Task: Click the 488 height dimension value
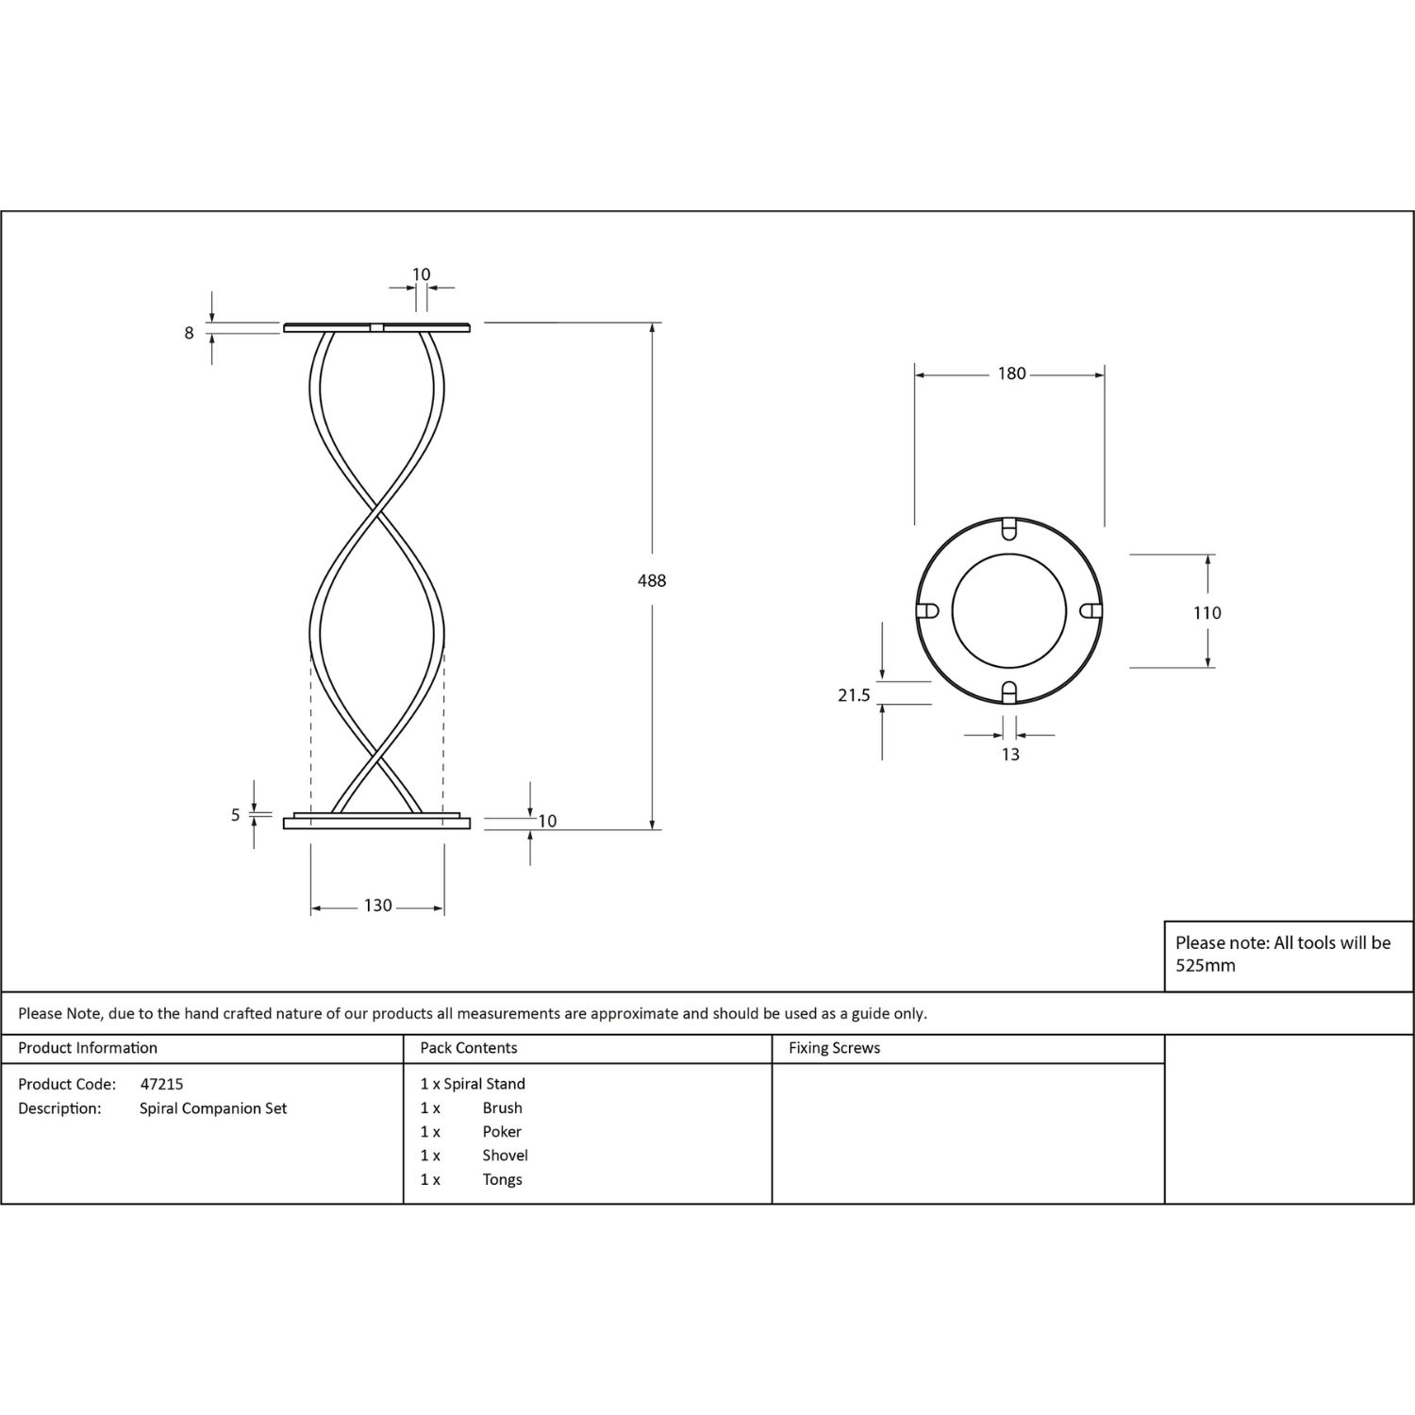coord(652,581)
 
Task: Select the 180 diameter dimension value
coord(1011,374)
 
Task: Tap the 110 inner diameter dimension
coord(1207,613)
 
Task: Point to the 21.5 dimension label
coord(854,695)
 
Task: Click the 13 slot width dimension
coord(1010,755)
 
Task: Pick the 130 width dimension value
coord(378,906)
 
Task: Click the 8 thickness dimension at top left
coord(190,333)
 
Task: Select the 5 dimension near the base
coord(236,815)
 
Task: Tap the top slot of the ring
coord(1008,528)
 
